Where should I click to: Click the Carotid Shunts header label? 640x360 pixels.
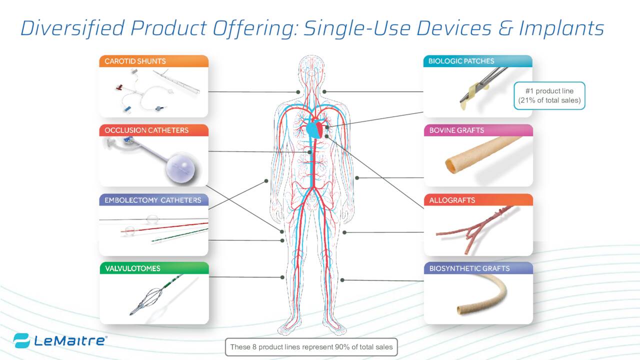pos(135,61)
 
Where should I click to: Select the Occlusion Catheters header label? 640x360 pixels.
pos(146,130)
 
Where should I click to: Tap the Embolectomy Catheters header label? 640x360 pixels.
pos(152,200)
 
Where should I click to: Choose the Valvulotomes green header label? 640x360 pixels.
pos(132,268)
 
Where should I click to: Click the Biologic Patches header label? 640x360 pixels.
pos(461,61)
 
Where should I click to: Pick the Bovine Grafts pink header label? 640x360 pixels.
pos(456,130)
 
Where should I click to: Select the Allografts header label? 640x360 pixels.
pos(452,200)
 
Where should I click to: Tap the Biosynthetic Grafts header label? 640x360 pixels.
pos(469,268)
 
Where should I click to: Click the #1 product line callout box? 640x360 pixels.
pos(549,95)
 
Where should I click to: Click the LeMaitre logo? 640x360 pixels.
pos(60,341)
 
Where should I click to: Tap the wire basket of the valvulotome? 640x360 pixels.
pos(150,299)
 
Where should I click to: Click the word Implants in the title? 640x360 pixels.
pos(560,28)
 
